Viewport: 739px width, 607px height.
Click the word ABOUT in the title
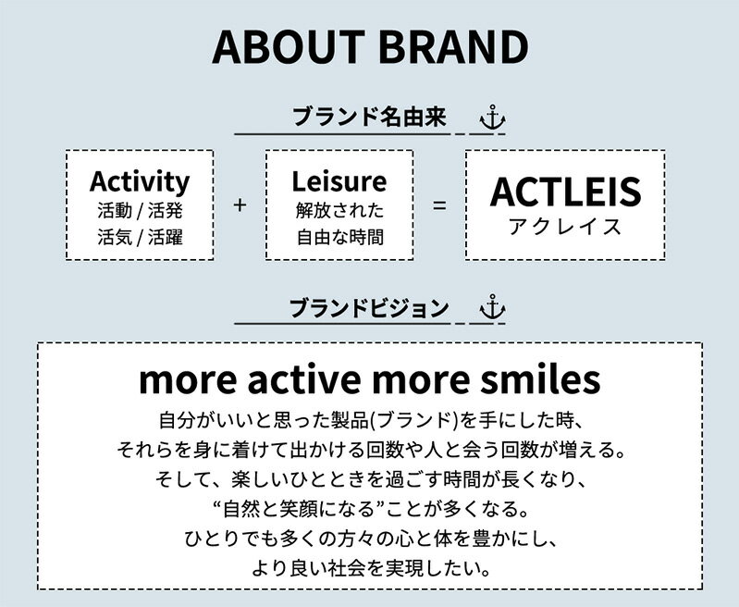point(289,47)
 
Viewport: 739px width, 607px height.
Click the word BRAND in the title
point(453,47)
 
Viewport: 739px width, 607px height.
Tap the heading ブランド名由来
point(370,117)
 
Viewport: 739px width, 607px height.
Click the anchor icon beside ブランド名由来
point(492,118)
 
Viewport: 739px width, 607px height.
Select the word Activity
point(140,181)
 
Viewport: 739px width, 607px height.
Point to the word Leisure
point(339,181)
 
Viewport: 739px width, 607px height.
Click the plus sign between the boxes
point(240,205)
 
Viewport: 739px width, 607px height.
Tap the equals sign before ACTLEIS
point(439,205)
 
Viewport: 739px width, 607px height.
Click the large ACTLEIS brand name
point(565,192)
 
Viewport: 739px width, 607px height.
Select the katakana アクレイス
point(565,227)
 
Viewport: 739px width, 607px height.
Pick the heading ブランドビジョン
point(369,308)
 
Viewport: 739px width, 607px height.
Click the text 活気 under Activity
point(115,237)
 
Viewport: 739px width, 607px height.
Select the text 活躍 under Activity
point(166,237)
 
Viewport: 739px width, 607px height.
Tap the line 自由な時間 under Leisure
point(339,237)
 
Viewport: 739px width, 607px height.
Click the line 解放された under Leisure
point(339,210)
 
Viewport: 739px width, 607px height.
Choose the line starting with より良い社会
point(372,568)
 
